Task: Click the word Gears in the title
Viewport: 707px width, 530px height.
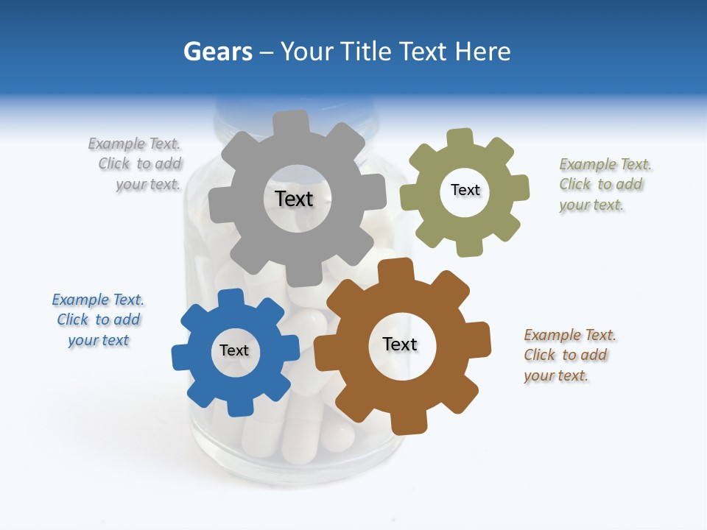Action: [217, 52]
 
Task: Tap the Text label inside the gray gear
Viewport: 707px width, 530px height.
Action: [294, 199]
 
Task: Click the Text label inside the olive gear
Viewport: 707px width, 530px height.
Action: [465, 190]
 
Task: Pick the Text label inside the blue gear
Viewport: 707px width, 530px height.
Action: [234, 350]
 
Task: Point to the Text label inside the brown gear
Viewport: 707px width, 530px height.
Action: [400, 344]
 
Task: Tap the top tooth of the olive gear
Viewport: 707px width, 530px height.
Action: [460, 137]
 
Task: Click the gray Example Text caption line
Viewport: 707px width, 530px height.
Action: [134, 144]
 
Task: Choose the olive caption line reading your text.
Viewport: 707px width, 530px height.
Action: [591, 205]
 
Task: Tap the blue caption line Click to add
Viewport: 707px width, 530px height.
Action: [99, 319]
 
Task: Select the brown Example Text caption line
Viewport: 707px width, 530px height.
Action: [570, 335]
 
